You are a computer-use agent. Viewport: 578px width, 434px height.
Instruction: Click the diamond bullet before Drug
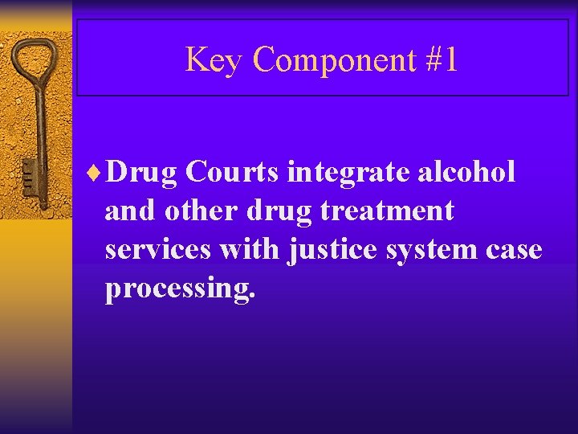[x=97, y=172]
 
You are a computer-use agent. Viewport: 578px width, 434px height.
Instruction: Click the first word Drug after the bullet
[x=141, y=174]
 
